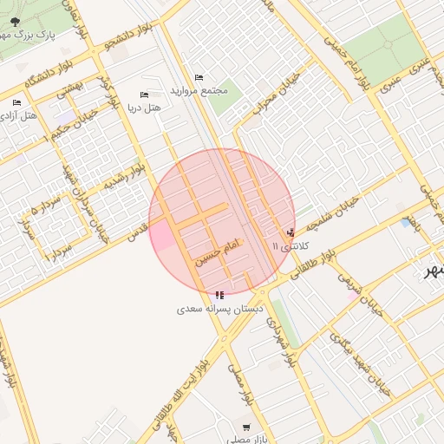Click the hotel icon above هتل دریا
[144, 95]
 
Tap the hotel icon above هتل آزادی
[16, 103]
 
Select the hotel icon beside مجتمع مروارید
[199, 77]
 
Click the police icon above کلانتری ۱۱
[290, 232]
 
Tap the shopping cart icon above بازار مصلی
[247, 427]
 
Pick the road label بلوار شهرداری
[282, 338]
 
